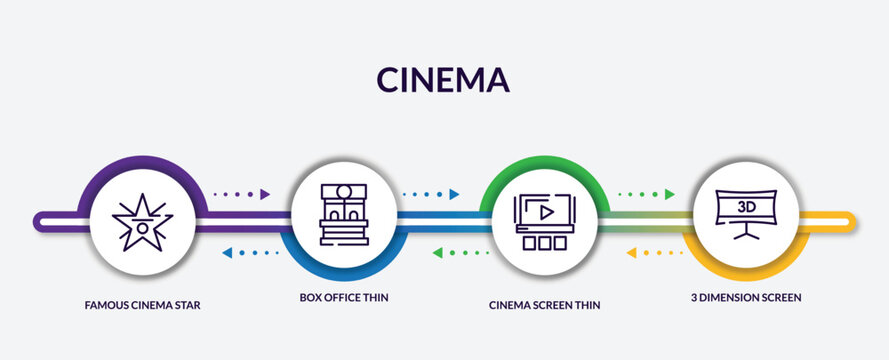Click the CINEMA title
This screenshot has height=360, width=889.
coord(444,80)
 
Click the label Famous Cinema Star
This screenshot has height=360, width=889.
coord(143,303)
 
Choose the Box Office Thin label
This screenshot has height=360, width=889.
coord(344,297)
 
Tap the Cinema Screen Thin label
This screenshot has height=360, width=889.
coord(545,304)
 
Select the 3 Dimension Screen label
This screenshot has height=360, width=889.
coord(745,297)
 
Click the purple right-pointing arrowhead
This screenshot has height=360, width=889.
coord(265,194)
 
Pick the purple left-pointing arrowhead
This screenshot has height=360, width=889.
coord(226,252)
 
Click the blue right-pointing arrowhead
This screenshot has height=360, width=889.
coord(455,194)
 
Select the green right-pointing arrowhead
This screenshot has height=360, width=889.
coord(670,194)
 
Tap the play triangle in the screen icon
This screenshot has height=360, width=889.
coord(545,212)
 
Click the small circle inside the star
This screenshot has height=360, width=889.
coord(144,227)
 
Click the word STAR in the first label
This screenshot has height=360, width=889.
coord(187,303)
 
